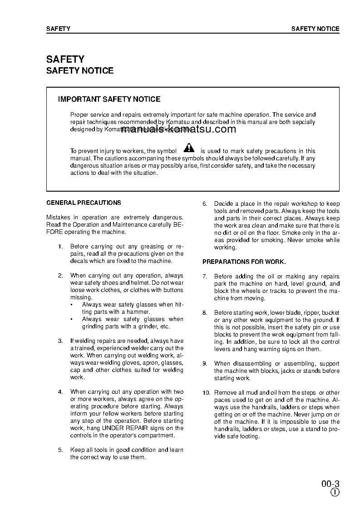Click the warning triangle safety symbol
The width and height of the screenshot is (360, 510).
tap(189, 148)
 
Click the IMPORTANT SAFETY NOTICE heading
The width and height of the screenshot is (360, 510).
tap(109, 99)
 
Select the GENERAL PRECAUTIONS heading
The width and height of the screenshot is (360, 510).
tap(84, 203)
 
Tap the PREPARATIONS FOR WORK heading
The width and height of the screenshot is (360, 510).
tap(244, 262)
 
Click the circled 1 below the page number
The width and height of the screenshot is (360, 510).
tap(335, 493)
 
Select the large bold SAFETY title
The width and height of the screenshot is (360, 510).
tap(65, 59)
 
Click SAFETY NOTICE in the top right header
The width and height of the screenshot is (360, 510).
tap(315, 29)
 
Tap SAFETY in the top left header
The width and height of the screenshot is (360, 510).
tap(58, 29)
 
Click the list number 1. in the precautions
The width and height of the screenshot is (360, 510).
tap(60, 247)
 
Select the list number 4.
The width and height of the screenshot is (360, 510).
tap(60, 392)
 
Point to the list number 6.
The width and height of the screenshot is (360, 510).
tap(205, 204)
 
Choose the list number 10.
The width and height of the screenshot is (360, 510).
tap(206, 393)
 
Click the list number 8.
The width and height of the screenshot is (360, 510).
tap(205, 313)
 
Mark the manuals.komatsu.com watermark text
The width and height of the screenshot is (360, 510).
tap(178, 129)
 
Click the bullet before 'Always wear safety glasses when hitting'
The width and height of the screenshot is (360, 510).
tap(71, 305)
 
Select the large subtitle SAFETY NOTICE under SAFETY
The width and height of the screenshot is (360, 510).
tap(80, 71)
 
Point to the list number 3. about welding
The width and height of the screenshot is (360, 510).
tap(60, 341)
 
